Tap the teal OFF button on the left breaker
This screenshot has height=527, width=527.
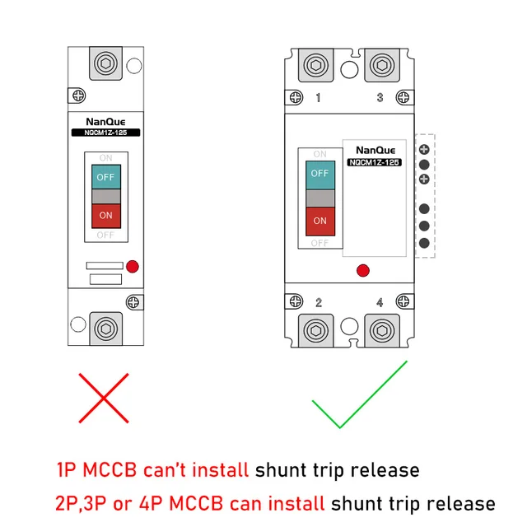point(106,177)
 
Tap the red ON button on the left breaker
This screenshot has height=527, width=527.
point(106,216)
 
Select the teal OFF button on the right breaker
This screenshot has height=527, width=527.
point(320,175)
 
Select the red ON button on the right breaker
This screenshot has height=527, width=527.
point(320,221)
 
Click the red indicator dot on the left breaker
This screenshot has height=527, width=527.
point(133,266)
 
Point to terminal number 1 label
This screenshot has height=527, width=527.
point(319,98)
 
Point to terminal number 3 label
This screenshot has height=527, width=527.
point(380,98)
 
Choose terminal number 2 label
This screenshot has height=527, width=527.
point(319,302)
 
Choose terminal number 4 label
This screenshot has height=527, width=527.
point(380,302)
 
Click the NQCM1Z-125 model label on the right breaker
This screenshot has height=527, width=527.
point(373,162)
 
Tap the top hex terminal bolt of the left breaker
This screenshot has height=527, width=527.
point(105,63)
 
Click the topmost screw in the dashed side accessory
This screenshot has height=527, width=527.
point(424,149)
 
